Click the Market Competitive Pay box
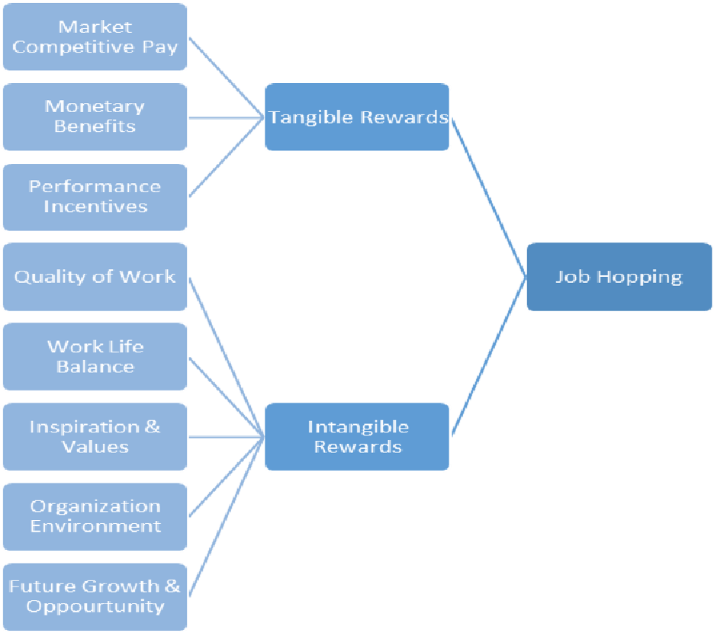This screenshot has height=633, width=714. point(95,37)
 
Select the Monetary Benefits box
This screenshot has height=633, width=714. point(95,117)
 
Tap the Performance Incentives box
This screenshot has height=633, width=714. point(95,197)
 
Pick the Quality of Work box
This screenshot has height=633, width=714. point(95,277)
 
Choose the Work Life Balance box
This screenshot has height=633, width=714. point(95,356)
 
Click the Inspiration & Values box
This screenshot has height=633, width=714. point(95,436)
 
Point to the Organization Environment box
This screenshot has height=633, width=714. point(95,516)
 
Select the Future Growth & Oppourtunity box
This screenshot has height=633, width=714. point(95,596)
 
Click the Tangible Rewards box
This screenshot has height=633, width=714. point(356,117)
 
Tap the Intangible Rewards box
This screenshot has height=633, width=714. point(356,436)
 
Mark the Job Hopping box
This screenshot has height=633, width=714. point(619,277)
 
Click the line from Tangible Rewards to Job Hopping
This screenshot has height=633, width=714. point(488,197)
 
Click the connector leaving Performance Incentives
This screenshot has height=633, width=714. point(226,157)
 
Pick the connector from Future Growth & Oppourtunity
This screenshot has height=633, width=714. point(226,516)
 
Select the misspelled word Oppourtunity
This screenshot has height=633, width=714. point(95,607)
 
